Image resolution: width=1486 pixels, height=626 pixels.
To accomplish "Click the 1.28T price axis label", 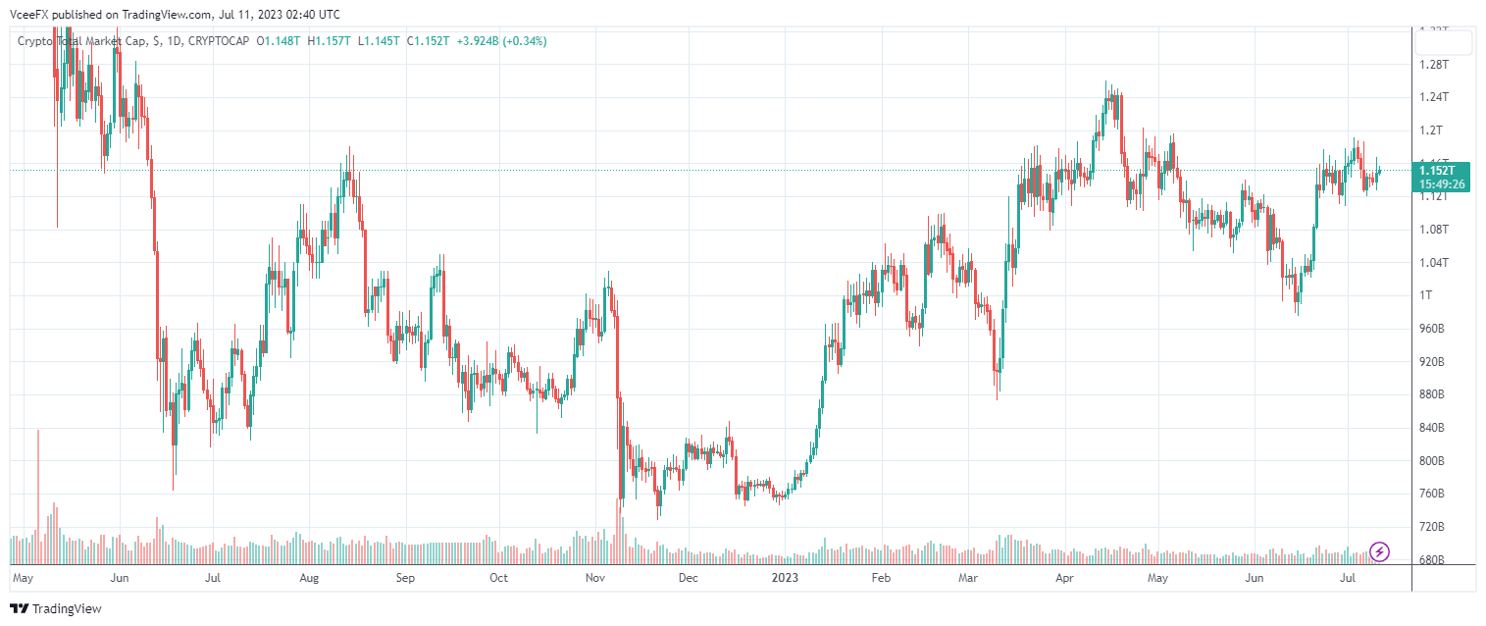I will coord(1435,65).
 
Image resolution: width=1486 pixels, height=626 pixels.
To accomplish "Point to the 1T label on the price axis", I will coord(1428,295).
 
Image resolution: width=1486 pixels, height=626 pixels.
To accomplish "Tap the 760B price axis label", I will coord(1435,494).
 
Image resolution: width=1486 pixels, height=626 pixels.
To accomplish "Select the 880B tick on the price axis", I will coord(1435,394).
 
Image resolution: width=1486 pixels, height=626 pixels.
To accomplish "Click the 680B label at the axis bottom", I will coord(1435,560).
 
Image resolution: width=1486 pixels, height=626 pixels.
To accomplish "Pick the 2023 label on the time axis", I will coord(785,578).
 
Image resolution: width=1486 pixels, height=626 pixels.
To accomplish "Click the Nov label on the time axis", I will coord(595,578).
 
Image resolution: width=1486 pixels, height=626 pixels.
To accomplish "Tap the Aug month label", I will coord(309,578).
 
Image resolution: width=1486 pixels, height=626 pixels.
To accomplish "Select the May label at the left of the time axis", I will coord(25,578).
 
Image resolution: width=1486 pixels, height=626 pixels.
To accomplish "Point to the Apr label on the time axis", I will coord(1064,578).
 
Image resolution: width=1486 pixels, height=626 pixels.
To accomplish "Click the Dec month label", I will coord(689,578).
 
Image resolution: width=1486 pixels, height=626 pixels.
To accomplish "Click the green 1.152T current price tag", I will coord(1438,170).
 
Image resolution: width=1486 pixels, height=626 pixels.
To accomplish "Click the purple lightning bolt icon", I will coord(1379,551).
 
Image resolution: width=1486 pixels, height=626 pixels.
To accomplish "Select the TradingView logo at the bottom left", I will coord(56,608).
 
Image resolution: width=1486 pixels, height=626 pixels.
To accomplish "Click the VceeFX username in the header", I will coord(28,15).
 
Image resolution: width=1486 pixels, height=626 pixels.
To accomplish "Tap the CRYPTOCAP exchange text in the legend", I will coord(218,41).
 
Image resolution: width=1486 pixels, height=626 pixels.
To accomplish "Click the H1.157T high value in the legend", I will coord(330,41).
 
